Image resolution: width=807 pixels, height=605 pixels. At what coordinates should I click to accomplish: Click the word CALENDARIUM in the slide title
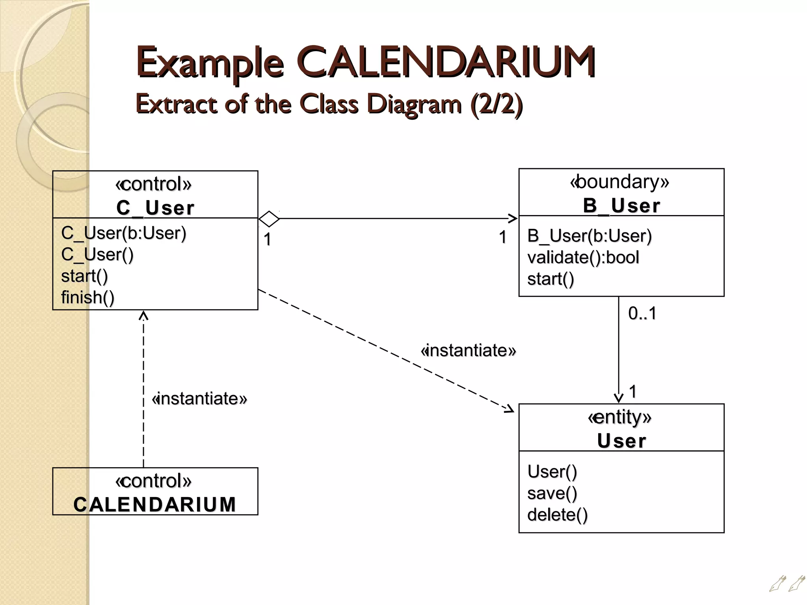point(447,62)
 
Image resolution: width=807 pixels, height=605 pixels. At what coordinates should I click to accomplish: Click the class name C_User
point(155,208)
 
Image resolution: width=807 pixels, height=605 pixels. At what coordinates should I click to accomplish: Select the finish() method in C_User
point(87,297)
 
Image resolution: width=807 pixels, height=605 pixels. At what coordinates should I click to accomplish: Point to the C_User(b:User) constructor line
point(123,233)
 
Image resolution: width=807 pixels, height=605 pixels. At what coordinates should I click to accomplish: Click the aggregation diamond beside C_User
point(269,219)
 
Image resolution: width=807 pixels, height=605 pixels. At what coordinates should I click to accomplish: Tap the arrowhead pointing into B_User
point(513,219)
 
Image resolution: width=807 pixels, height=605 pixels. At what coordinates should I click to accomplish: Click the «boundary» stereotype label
point(619,182)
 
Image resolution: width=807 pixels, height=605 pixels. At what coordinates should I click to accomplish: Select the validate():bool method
point(583,258)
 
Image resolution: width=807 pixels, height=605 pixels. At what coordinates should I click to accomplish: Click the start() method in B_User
point(550,279)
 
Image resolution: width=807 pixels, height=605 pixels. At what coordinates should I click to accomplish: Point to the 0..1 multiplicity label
point(642,314)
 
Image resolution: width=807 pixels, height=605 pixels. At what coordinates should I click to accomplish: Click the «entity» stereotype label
point(619,417)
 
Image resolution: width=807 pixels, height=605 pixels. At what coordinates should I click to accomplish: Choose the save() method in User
point(552,493)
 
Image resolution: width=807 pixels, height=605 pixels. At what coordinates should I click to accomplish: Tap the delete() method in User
point(557,515)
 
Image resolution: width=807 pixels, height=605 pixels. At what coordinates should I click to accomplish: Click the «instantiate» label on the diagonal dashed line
point(468,350)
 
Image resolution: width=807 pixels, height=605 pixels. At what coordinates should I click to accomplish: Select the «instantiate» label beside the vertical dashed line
point(199,399)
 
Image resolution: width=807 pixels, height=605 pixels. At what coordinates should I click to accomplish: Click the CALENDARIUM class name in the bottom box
point(155,505)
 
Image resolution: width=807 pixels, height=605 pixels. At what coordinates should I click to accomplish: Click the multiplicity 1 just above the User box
point(633,392)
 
